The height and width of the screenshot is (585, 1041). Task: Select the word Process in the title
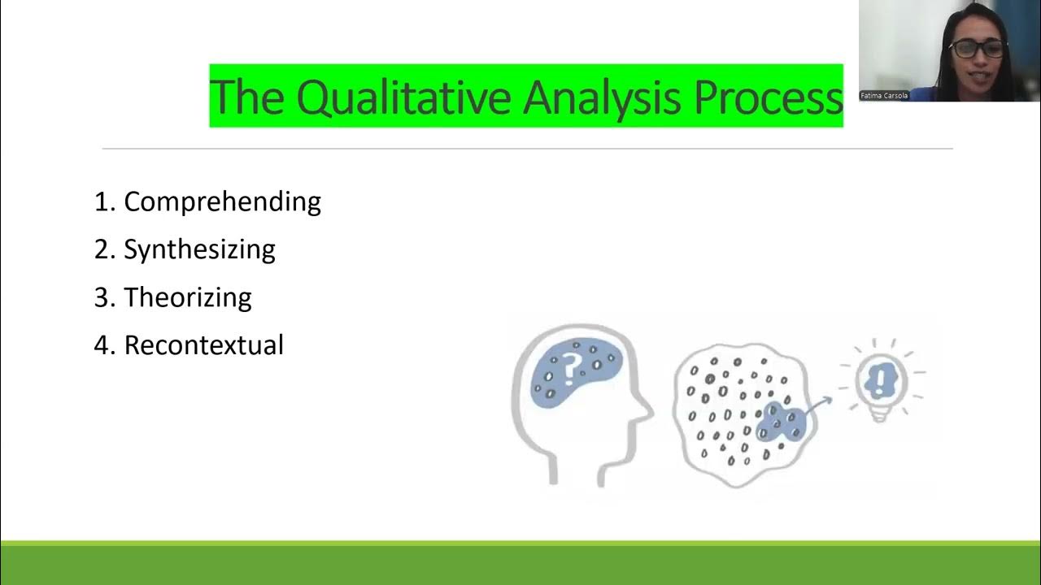pos(768,97)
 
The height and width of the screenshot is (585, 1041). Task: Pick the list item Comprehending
pos(222,201)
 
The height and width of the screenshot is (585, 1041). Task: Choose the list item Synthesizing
pos(199,249)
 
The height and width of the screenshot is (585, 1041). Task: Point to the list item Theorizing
pos(187,297)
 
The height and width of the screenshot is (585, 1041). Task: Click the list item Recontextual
pos(203,345)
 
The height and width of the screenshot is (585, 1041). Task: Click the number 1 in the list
pos(101,201)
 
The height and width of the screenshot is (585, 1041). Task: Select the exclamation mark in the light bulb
pos(879,378)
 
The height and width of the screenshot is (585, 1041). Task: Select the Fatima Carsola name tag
pos(883,96)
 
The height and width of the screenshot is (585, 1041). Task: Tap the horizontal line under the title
pos(527,149)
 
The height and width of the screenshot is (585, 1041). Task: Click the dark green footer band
pos(520,565)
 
